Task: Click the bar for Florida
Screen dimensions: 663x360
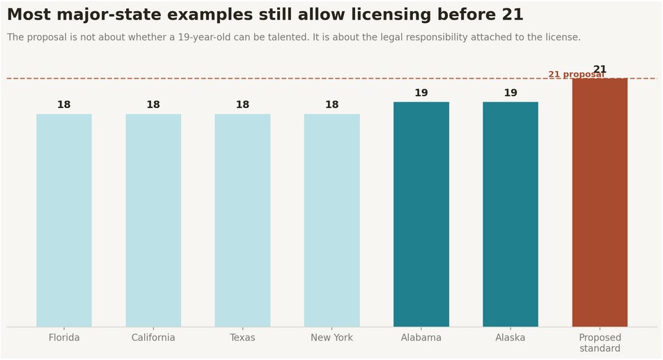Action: pos(64,220)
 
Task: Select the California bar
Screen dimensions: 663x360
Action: pos(153,220)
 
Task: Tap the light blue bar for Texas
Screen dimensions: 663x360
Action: pos(242,220)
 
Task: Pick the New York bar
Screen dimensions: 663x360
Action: pos(332,220)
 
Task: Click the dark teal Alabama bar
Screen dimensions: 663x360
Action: pos(421,214)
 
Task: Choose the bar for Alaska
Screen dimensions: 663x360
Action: pos(510,214)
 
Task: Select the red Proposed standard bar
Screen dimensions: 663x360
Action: pos(600,203)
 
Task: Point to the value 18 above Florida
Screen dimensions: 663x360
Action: pos(64,104)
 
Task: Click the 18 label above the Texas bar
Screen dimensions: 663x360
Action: pos(242,104)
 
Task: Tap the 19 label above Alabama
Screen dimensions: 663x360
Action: pos(421,93)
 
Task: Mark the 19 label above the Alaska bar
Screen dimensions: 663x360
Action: pos(510,93)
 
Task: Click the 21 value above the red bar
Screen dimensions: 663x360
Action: pos(600,69)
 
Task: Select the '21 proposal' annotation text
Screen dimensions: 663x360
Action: pos(577,75)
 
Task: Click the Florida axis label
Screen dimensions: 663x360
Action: pos(64,338)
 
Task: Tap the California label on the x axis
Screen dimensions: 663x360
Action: pos(153,338)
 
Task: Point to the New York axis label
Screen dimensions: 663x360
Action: pos(332,338)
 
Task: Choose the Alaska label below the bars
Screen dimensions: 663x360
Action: pos(510,338)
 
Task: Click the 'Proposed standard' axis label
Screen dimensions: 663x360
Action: pos(600,343)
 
